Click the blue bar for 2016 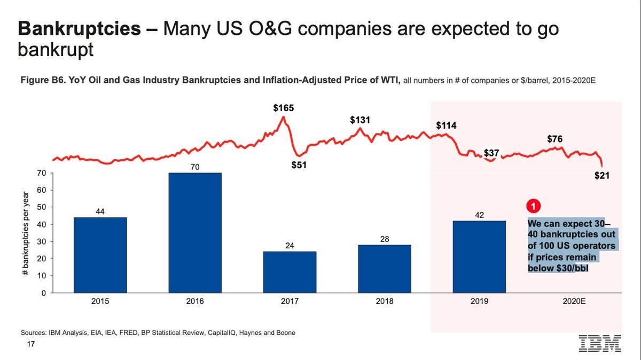pyautogui.click(x=194, y=232)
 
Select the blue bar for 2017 pyautogui.click(x=290, y=272)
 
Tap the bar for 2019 pyautogui.click(x=479, y=256)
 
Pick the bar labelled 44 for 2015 pyautogui.click(x=100, y=255)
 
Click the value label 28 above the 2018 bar pyautogui.click(x=385, y=239)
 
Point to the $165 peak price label pyautogui.click(x=283, y=108)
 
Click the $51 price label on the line pyautogui.click(x=299, y=166)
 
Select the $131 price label pyautogui.click(x=360, y=120)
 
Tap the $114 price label pyautogui.click(x=447, y=126)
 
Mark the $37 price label pyautogui.click(x=491, y=153)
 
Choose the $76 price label pyautogui.click(x=555, y=139)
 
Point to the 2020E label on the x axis pyautogui.click(x=575, y=301)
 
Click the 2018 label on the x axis pyautogui.click(x=385, y=301)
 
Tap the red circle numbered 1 pyautogui.click(x=533, y=205)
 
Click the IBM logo pyautogui.click(x=600, y=343)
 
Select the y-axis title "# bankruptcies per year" pyautogui.click(x=26, y=233)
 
